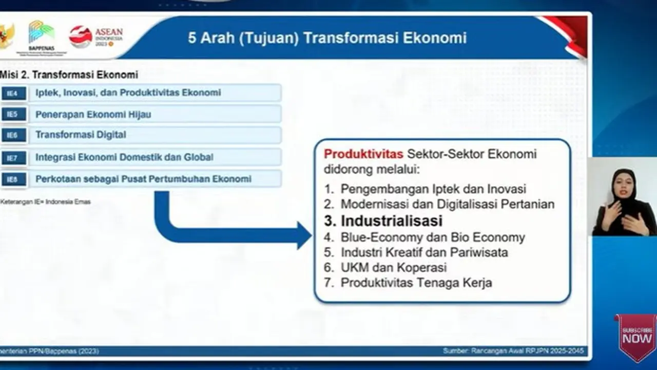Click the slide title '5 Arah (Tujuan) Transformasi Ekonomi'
pos(327,38)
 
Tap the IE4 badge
pos(13,93)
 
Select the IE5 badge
pos(13,114)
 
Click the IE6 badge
pos(13,135)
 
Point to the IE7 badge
pos(13,158)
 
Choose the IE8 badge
pos(13,179)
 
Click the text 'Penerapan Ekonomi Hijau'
pos(93,114)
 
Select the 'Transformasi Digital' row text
pos(81,135)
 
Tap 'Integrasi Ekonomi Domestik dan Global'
pos(124,157)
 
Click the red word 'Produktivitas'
pos(363,154)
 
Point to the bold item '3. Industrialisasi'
pos(383,221)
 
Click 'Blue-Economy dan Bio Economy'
pos(432,237)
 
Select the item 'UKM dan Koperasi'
pos(393,268)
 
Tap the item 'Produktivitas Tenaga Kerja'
pos(416,283)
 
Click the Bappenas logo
pos(41,34)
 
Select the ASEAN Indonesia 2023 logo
pos(96,36)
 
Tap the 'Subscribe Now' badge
pos(637,337)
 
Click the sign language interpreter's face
pos(624,184)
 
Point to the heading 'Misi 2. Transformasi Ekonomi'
pos(69,75)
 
